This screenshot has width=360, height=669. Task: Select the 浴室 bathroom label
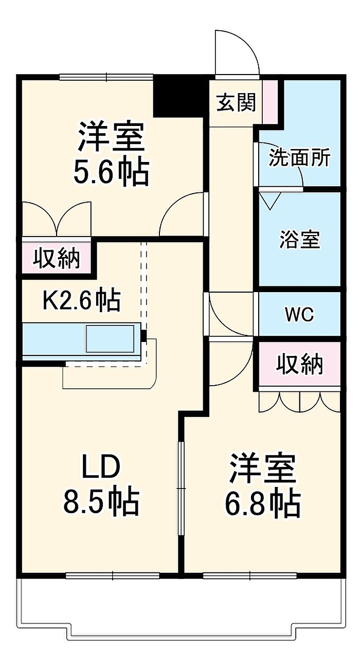point(300,240)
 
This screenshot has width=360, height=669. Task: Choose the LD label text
point(101,467)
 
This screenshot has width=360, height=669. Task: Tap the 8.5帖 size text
point(101,502)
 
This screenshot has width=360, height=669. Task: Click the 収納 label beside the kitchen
point(57,258)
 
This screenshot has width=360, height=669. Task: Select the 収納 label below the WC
point(300,364)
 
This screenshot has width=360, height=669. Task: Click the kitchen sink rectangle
point(110,339)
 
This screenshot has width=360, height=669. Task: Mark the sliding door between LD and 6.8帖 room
point(181,489)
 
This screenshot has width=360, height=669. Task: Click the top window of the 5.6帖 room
point(106,77)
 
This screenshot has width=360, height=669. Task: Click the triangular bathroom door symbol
point(269,199)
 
